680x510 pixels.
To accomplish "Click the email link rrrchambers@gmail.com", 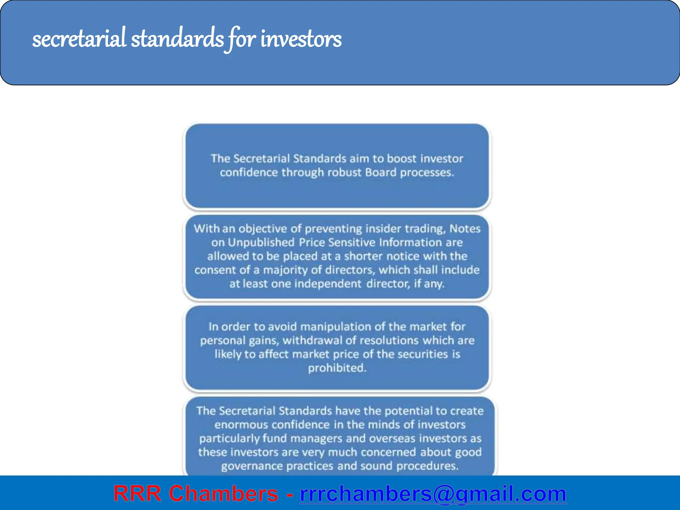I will [x=433, y=494].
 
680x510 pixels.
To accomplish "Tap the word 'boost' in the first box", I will [x=401, y=159].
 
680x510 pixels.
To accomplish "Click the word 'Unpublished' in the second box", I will [x=261, y=242].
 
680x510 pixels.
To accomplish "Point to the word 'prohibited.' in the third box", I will [x=337, y=368].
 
